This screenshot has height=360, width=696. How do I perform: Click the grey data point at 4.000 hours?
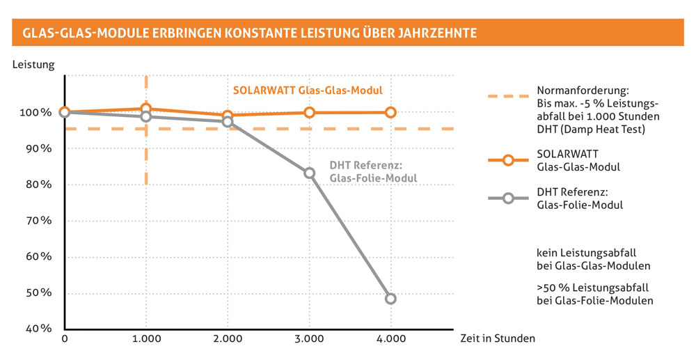[390, 299]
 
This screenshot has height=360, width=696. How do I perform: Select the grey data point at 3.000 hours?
[310, 173]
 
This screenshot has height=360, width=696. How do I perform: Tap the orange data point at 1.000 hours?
[146, 109]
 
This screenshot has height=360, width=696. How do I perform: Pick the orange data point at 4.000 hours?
[390, 112]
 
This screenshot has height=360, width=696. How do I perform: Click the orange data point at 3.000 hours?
[310, 112]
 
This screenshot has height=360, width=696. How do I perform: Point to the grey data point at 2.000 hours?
[228, 122]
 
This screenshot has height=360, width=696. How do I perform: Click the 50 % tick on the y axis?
[39, 292]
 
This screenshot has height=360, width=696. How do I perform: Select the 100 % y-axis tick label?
[36, 113]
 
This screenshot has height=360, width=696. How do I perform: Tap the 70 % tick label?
[39, 221]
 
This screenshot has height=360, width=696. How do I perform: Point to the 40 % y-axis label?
[39, 329]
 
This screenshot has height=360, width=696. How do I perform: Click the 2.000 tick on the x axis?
[228, 339]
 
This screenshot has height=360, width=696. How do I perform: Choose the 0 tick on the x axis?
[65, 339]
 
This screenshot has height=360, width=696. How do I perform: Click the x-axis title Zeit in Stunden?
[497, 339]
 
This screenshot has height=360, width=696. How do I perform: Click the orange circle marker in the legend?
[507, 160]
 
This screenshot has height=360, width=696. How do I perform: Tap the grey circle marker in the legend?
[507, 198]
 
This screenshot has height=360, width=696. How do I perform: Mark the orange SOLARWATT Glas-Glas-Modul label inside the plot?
[308, 91]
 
